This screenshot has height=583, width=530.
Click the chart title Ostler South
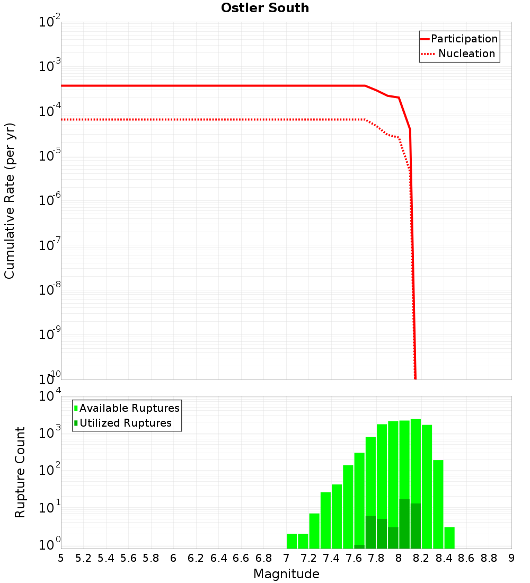click(x=265, y=8)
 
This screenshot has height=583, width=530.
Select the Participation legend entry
click(x=464, y=39)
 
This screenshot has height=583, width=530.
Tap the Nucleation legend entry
click(x=466, y=54)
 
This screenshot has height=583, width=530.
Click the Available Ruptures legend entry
click(x=129, y=408)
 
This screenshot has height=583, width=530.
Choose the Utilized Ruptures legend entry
click(x=125, y=423)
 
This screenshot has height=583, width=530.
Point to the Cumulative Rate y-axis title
click(x=10, y=201)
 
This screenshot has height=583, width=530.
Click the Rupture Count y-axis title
click(x=20, y=472)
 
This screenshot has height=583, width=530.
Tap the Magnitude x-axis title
click(x=286, y=574)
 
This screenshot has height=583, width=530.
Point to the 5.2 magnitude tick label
click(x=83, y=558)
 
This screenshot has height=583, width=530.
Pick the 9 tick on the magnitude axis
click(x=511, y=558)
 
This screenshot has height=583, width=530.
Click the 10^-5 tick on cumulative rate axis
click(x=49, y=156)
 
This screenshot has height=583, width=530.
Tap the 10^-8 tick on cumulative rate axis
click(x=49, y=290)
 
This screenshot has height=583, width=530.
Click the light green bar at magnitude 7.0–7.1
click(x=291, y=541)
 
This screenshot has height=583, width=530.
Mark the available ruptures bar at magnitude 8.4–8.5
click(x=449, y=537)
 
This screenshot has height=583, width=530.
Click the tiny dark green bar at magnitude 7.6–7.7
click(x=359, y=546)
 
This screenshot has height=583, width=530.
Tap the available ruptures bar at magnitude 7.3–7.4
click(x=325, y=520)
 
